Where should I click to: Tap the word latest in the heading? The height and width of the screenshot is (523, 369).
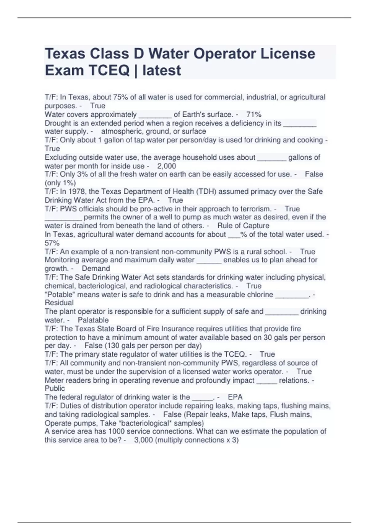coord(162,70)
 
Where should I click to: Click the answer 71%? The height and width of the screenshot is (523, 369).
coord(254,114)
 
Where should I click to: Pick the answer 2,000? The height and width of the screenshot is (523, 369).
coord(166,166)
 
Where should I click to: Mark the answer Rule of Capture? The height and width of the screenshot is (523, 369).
coord(243,226)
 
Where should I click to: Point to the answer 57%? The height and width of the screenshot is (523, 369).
coord(52,243)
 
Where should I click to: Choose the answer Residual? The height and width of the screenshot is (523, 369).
coord(59,303)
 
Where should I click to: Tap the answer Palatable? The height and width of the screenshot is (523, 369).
coord(93,320)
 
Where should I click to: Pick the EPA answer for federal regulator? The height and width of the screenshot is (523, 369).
coord(235,397)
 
